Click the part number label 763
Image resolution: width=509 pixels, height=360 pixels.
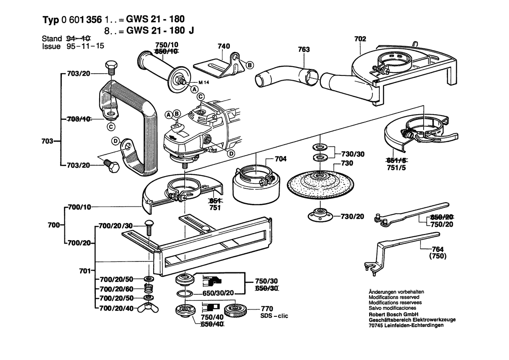303,50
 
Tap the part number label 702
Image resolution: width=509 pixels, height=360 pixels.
360,39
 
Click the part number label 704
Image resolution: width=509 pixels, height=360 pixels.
281,159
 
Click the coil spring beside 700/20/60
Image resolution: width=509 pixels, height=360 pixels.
148,288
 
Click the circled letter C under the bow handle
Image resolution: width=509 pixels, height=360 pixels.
111,127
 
